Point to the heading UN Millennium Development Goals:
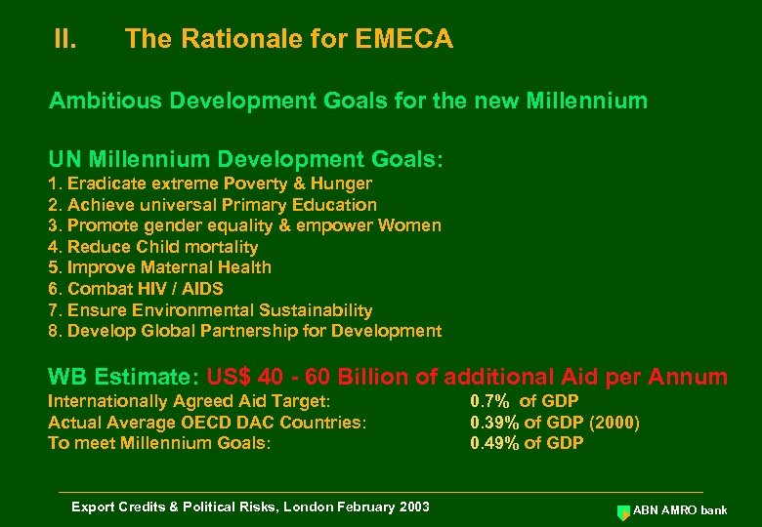pyautogui.click(x=245, y=158)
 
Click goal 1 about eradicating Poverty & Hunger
pyautogui.click(x=210, y=183)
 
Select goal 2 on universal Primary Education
pyautogui.click(x=212, y=205)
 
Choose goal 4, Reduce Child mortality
pyautogui.click(x=153, y=247)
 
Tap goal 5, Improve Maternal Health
pyautogui.click(x=160, y=267)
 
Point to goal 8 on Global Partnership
pyautogui.click(x=244, y=331)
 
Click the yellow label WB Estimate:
pyautogui.click(x=123, y=377)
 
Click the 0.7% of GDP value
pyautogui.click(x=525, y=401)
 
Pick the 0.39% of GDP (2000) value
pyautogui.click(x=555, y=423)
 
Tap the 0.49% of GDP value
pyautogui.click(x=527, y=443)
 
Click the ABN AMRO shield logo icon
pyautogui.click(x=623, y=510)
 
